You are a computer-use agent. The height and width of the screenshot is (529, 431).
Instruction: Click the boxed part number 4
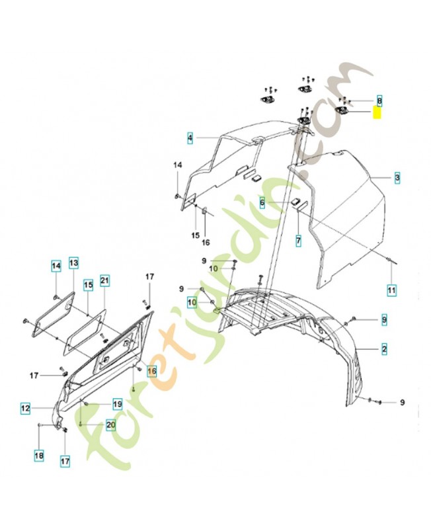point(190,138)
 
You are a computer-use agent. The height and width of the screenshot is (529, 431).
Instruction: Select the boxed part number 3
point(397,178)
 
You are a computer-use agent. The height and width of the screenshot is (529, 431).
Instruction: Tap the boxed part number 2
point(384,348)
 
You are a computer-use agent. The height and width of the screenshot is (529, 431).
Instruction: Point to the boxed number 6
point(262,204)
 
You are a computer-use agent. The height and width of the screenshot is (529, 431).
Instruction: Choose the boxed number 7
point(298,241)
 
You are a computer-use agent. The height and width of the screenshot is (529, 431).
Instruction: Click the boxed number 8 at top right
point(379,100)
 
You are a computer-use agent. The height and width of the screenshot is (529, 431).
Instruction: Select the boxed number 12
point(24,409)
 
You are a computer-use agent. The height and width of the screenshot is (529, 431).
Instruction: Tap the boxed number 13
point(73,263)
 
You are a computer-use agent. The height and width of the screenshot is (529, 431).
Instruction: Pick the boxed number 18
point(39,455)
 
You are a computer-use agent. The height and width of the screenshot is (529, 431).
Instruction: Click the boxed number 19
point(116,403)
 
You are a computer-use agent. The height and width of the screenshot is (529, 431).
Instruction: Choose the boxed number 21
point(104,282)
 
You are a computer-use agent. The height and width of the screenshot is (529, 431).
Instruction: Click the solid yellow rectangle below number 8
point(377,113)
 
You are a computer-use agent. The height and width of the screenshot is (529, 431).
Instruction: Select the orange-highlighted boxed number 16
point(151,372)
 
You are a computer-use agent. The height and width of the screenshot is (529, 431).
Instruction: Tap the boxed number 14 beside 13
point(56,266)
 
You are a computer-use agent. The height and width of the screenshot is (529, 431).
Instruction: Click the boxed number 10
point(192,302)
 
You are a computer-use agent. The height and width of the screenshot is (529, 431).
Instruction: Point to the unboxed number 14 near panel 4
point(177,164)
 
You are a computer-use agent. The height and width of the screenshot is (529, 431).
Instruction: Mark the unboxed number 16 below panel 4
point(205,243)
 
